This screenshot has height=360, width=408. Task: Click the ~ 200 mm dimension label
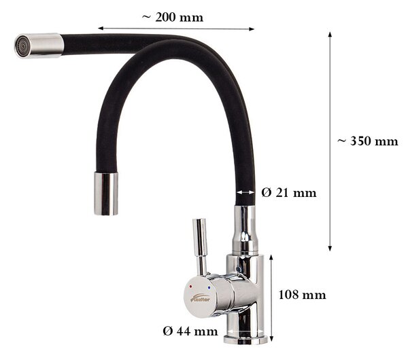[173, 18]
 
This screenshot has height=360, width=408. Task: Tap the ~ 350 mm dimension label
[368, 141]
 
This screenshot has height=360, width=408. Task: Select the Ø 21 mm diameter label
[289, 193]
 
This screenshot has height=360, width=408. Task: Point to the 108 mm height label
[302, 295]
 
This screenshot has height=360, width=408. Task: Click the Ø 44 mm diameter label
[190, 331]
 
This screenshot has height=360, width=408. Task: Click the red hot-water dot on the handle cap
[190, 286]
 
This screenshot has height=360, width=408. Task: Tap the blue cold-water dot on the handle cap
[209, 288]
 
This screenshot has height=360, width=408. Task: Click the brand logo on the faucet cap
[201, 298]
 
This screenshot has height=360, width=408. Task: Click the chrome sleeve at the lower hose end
[106, 194]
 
